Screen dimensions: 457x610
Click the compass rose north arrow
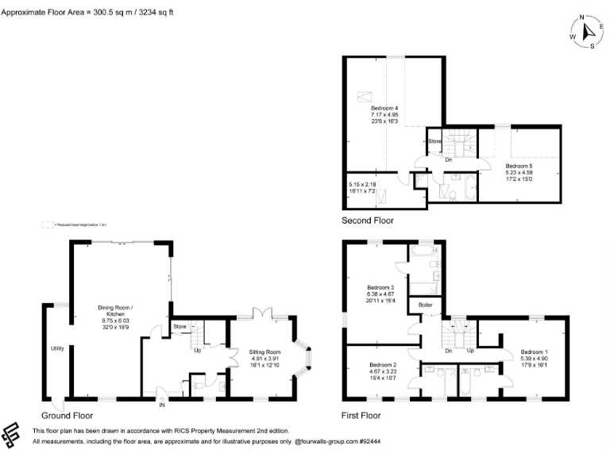[588, 31]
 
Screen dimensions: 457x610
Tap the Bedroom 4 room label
[384, 108]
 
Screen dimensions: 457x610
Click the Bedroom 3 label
[381, 287]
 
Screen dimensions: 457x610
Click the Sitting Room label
[262, 351]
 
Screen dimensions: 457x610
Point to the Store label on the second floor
[434, 142]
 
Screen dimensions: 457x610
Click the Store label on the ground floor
[180, 325]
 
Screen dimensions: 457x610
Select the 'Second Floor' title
[367, 221]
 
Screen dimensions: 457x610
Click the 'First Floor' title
[361, 414]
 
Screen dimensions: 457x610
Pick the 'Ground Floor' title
[68, 415]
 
